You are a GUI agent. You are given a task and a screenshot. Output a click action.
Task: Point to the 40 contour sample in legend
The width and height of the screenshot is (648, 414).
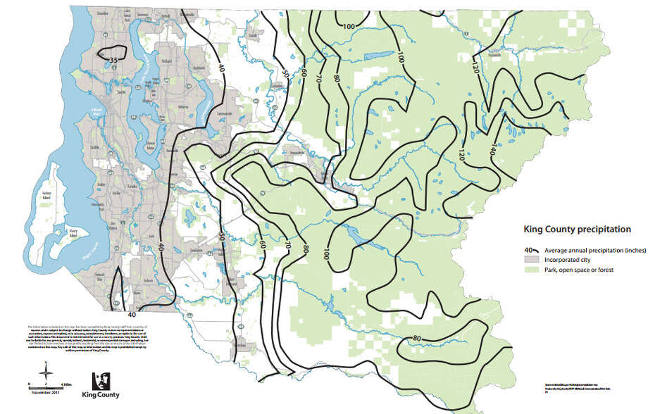click(x=532, y=250)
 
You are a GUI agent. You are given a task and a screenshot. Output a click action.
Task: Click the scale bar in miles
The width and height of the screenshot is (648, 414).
click(x=46, y=384)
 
